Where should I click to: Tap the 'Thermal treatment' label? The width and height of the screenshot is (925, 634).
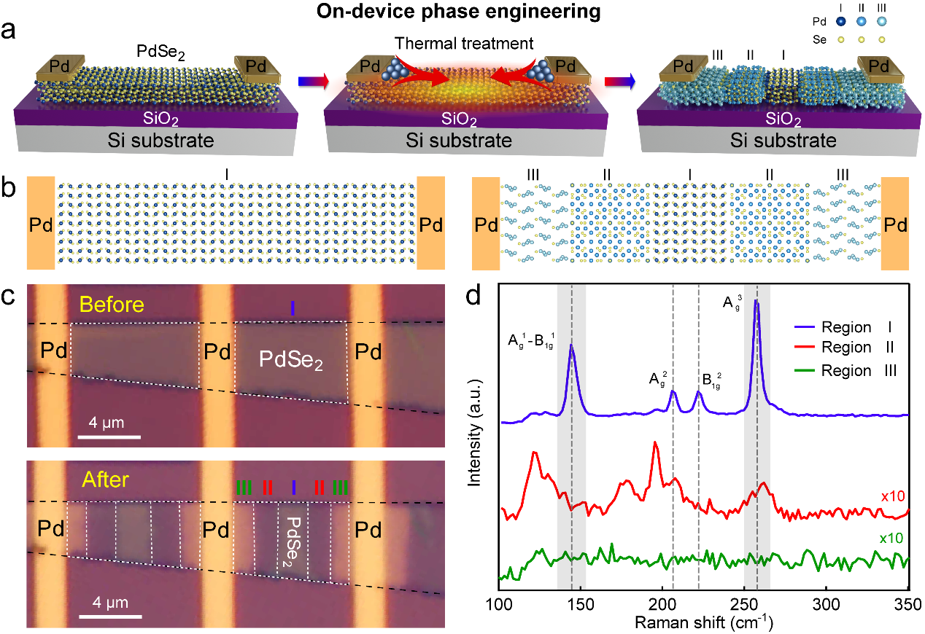[x=464, y=44]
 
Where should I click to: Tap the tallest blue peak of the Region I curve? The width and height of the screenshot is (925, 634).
[x=756, y=302]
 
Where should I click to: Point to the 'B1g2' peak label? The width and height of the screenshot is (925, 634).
[x=710, y=380]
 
